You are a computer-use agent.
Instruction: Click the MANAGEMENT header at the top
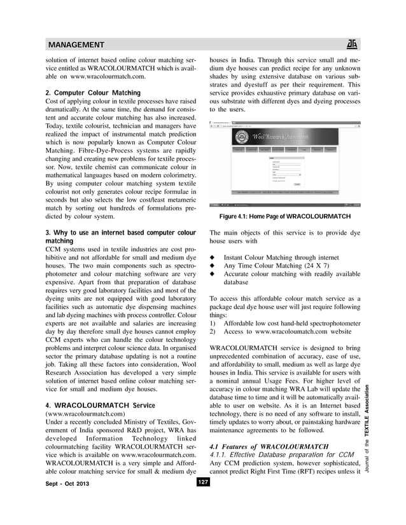click(x=76, y=44)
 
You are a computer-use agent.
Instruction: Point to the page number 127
click(x=202, y=500)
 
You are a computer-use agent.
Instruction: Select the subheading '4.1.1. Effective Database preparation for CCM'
click(x=281, y=454)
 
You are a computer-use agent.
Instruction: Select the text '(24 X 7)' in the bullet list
click(x=335, y=267)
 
